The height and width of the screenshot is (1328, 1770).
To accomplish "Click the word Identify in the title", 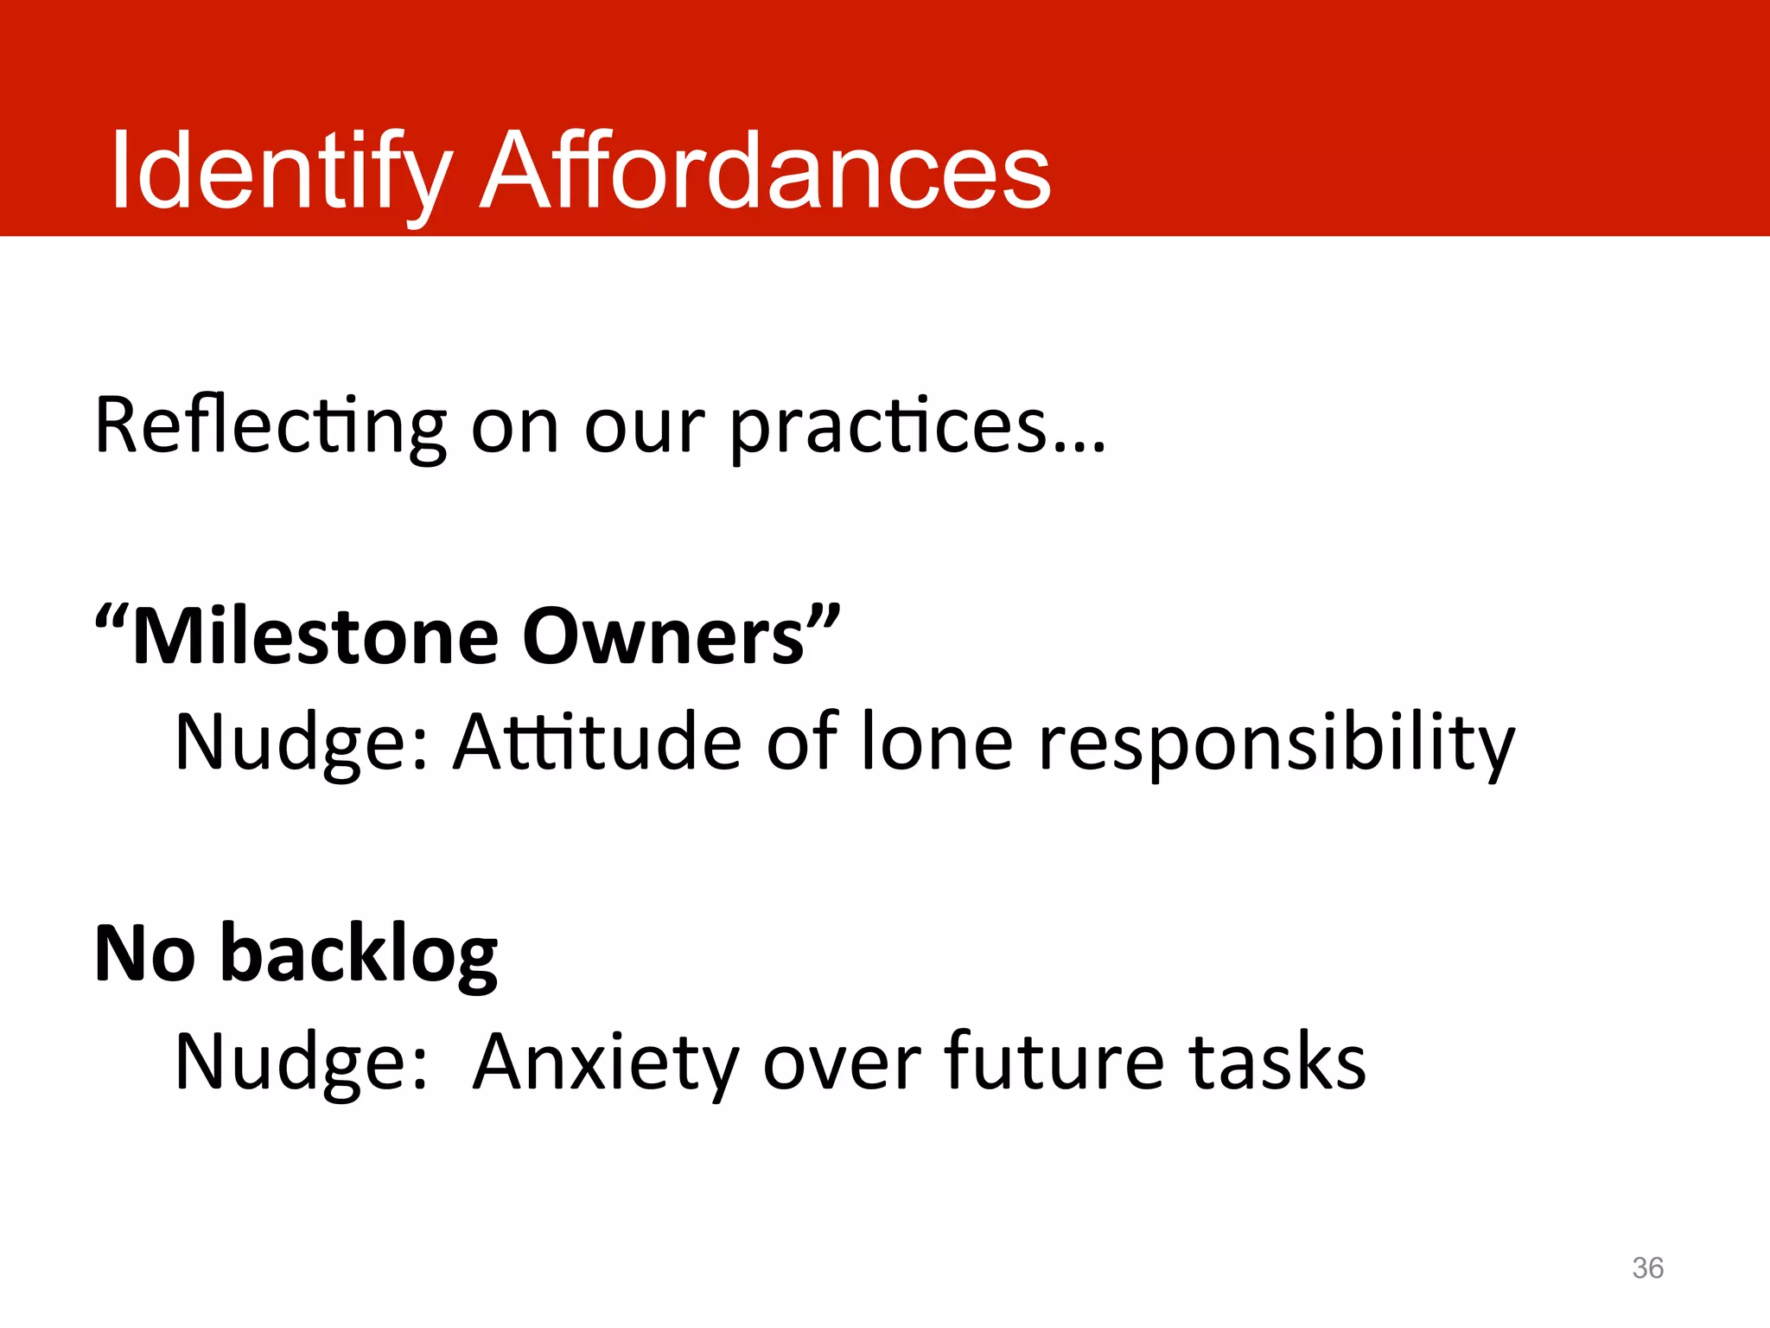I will point(281,170).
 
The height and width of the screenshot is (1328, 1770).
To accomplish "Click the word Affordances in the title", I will point(765,170).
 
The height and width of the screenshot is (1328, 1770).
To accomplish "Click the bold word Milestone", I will point(316,637).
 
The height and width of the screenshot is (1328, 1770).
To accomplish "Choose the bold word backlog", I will point(359,954).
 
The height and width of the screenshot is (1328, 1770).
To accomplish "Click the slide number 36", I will point(1647,1267).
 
